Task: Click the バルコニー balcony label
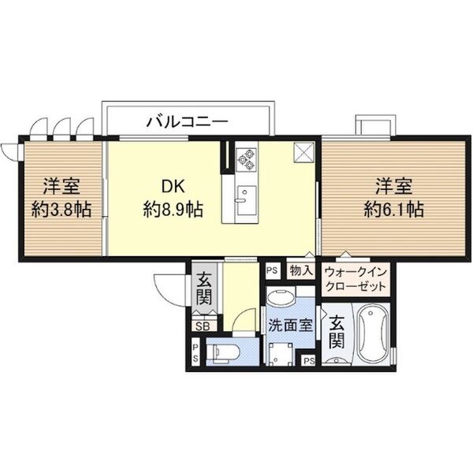coord(188,122)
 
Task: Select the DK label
coord(173,187)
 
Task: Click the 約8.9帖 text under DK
coord(173,210)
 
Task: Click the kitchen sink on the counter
coord(246,195)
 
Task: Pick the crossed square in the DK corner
coord(303,151)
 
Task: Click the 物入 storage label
coord(300,270)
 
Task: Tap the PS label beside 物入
coord(273,270)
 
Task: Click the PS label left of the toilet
coord(196,351)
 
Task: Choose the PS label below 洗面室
coord(308,361)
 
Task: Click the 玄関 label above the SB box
coord(203,289)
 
